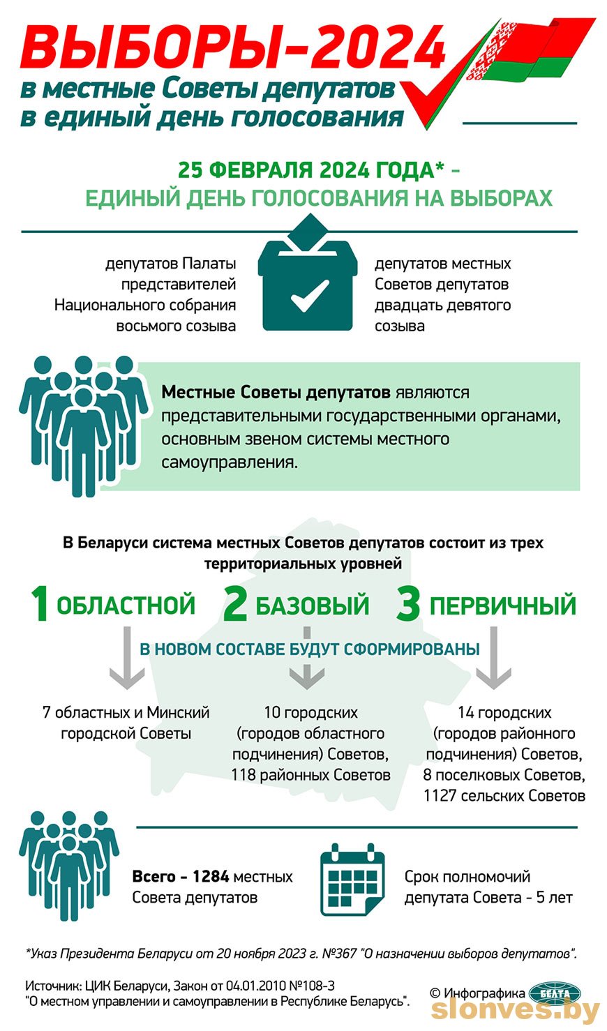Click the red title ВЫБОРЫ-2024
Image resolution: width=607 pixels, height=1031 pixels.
point(233,47)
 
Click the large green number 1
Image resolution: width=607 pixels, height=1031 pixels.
point(40,603)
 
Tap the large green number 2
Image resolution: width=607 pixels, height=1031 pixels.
point(235,603)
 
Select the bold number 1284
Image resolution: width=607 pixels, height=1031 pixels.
point(211,876)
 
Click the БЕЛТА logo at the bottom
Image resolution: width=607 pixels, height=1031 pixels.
point(555,994)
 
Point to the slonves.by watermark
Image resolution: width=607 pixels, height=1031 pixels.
point(516,1011)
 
